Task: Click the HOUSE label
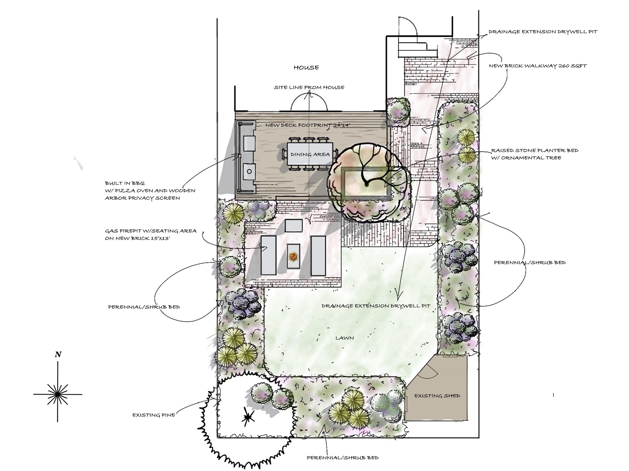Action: [x=306, y=68]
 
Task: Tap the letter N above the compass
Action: [x=58, y=354]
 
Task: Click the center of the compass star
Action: [x=58, y=394]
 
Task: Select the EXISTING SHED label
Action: [x=437, y=396]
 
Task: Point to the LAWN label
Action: [x=344, y=338]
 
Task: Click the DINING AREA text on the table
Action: [x=310, y=154]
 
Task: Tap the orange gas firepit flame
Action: [x=293, y=257]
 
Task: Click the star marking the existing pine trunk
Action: [x=248, y=418]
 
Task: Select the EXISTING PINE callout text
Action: [x=154, y=415]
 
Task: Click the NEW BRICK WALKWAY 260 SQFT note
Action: [x=538, y=66]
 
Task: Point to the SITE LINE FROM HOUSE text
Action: [x=309, y=87]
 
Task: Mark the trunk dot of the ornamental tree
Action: [x=367, y=185]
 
